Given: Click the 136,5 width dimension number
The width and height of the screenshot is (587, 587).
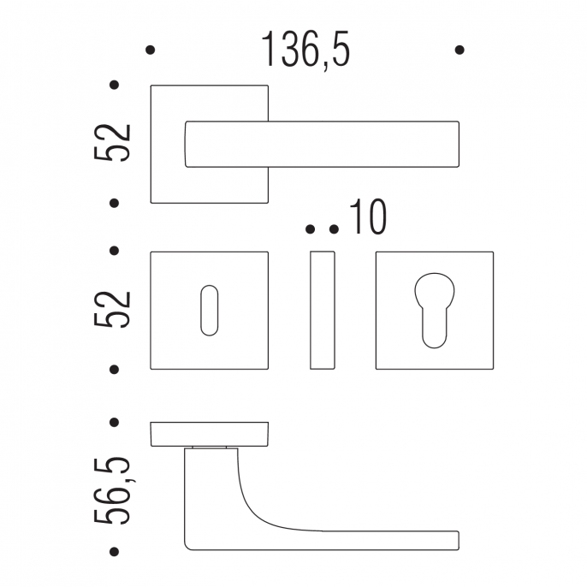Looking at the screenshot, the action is [x=305, y=50].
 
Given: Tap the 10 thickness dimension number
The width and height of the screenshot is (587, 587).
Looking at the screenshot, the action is [x=368, y=216].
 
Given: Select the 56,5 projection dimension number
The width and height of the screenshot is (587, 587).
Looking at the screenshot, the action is [x=112, y=489].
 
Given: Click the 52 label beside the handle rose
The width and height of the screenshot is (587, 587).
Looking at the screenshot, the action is [x=112, y=143].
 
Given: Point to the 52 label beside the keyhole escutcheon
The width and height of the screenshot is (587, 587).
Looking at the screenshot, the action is [x=112, y=309].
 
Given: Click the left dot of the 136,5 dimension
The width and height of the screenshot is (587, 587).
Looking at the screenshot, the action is [x=150, y=50].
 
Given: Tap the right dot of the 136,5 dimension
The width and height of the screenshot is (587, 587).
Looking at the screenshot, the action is [x=460, y=50].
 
